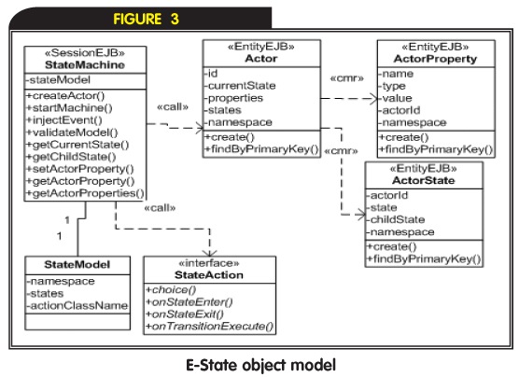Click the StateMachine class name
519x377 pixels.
click(x=85, y=64)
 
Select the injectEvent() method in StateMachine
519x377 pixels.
click(x=64, y=119)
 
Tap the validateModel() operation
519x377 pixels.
click(x=72, y=133)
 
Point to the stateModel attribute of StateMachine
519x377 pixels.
click(x=58, y=79)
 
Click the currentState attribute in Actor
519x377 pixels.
click(x=240, y=86)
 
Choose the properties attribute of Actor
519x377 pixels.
click(x=233, y=98)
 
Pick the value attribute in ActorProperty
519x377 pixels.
click(x=396, y=98)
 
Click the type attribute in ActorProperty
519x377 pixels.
click(x=392, y=87)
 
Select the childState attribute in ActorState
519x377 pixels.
click(x=396, y=219)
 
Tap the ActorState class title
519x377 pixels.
click(x=424, y=180)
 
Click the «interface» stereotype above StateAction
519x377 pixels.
click(x=209, y=263)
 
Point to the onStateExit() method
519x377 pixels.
click(x=185, y=314)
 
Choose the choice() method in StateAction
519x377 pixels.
click(x=171, y=290)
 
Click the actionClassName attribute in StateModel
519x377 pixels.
click(x=77, y=305)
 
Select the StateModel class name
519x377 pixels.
click(x=77, y=264)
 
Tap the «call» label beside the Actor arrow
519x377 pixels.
click(x=173, y=106)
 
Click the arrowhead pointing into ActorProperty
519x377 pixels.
click(x=373, y=99)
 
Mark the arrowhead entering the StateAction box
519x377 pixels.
click(x=209, y=253)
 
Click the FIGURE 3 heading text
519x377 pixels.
click(x=146, y=19)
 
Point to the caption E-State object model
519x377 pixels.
click(x=260, y=365)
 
